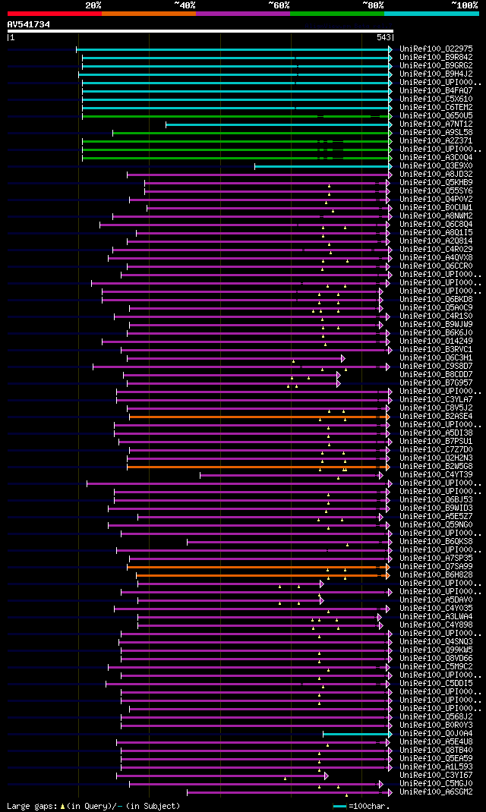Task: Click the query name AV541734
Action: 29,24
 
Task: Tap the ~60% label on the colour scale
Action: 279,5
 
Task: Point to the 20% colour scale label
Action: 93,5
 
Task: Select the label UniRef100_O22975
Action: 436,49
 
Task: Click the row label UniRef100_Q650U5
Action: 436,116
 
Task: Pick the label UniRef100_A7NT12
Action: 436,124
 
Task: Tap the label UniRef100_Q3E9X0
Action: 436,166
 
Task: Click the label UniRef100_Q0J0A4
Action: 436,734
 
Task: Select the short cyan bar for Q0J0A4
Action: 357,734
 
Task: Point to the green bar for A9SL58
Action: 251,133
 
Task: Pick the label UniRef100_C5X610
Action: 436,99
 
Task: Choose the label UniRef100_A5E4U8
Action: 436,742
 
